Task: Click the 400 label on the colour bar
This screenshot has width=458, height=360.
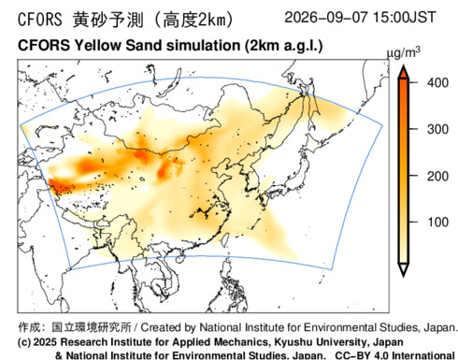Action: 437,83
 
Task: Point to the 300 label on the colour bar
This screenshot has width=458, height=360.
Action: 437,129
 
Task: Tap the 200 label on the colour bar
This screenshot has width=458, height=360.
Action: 437,177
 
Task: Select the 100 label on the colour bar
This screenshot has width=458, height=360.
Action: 437,222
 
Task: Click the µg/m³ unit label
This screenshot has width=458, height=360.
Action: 403,52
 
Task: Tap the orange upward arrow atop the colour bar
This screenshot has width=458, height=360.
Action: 404,72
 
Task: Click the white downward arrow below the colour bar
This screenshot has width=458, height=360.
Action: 404,269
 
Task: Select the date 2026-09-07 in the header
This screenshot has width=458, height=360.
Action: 326,17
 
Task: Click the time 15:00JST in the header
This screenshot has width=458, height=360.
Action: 404,17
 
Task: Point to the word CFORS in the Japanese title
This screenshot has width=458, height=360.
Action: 40,20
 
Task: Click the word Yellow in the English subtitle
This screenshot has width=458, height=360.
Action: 97,46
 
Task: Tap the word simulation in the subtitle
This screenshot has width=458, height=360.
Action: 203,46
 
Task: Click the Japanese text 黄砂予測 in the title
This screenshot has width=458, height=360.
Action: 108,20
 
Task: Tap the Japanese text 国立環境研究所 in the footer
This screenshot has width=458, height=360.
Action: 92,327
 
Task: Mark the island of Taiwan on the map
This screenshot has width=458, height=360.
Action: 227,239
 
